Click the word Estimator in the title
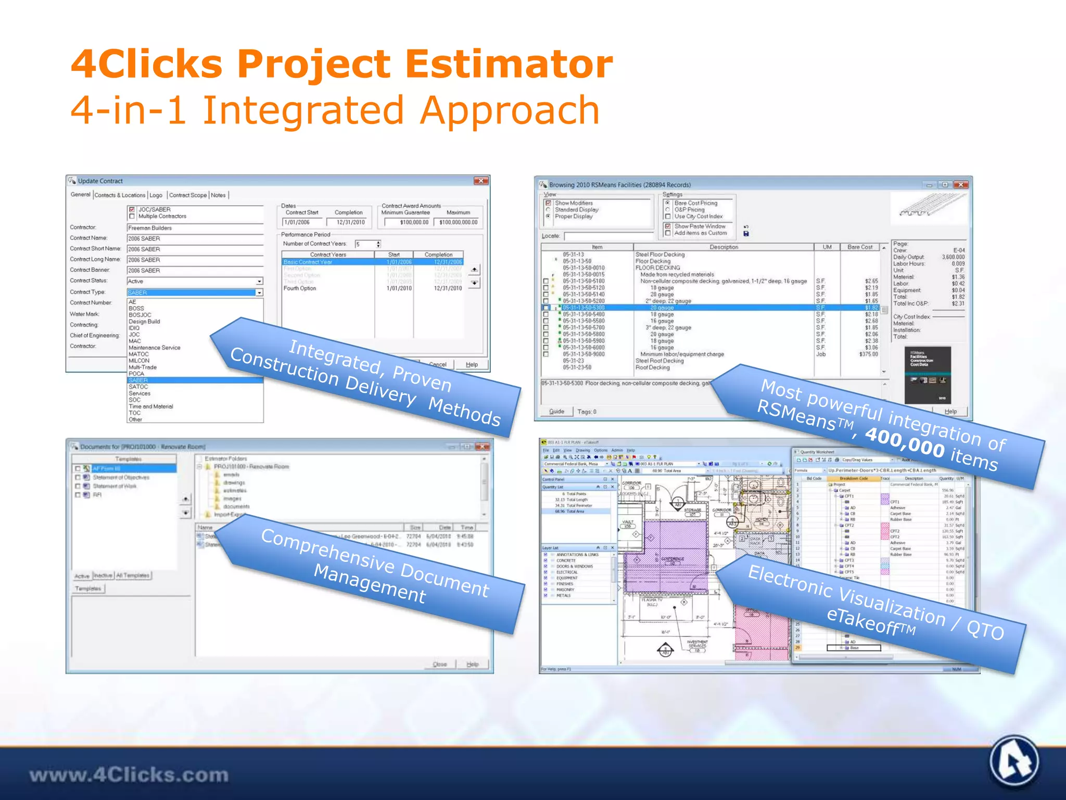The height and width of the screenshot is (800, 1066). coord(509,64)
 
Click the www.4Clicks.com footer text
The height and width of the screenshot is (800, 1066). coord(129,774)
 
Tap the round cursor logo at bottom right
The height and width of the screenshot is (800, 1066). coord(1013,762)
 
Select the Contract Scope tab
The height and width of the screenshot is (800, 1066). coord(187,195)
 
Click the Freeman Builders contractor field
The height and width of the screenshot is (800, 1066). coord(195,228)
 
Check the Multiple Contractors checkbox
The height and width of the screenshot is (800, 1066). coord(132,216)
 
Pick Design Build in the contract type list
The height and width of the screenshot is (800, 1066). coord(144,321)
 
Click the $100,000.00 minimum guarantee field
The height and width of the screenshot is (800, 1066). coord(407,222)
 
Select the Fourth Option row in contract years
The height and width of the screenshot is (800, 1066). coord(300,289)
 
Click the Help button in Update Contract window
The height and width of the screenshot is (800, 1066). coord(472,365)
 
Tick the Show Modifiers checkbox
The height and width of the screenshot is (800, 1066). coord(548,203)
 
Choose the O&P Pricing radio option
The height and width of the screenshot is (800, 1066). coord(668,210)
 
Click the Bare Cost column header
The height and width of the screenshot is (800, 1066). coord(859,247)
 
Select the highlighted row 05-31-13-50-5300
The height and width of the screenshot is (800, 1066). coord(583,308)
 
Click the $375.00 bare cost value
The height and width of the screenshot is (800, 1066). coord(868,354)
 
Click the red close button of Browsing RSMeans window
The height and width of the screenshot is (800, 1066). coord(961,185)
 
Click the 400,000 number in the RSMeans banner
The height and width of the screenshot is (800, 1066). coord(904,443)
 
